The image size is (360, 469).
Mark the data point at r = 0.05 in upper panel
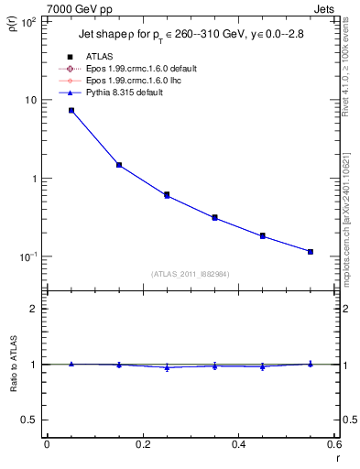(71, 110)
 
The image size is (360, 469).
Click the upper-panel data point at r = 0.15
(119, 165)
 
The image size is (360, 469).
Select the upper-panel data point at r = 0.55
(311, 251)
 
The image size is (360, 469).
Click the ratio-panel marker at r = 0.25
(167, 367)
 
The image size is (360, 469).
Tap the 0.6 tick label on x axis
(334, 445)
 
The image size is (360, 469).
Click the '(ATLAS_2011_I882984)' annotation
(191, 273)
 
